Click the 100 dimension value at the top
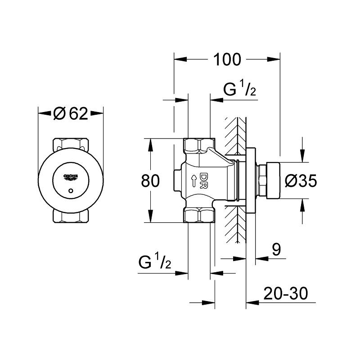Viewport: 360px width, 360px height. (227, 59)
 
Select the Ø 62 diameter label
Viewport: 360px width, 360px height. (70, 114)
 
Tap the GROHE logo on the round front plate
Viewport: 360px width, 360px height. (71, 176)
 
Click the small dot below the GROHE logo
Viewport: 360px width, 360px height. (71, 192)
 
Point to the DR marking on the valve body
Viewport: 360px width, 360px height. (203, 180)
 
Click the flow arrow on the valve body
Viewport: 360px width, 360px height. (193, 181)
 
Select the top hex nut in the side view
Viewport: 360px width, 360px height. (199, 145)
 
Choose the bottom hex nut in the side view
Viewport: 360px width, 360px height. (199, 216)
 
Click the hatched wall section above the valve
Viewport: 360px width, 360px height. (235, 135)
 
